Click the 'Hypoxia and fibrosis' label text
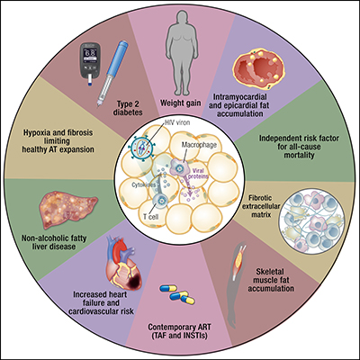[x=74, y=135]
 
